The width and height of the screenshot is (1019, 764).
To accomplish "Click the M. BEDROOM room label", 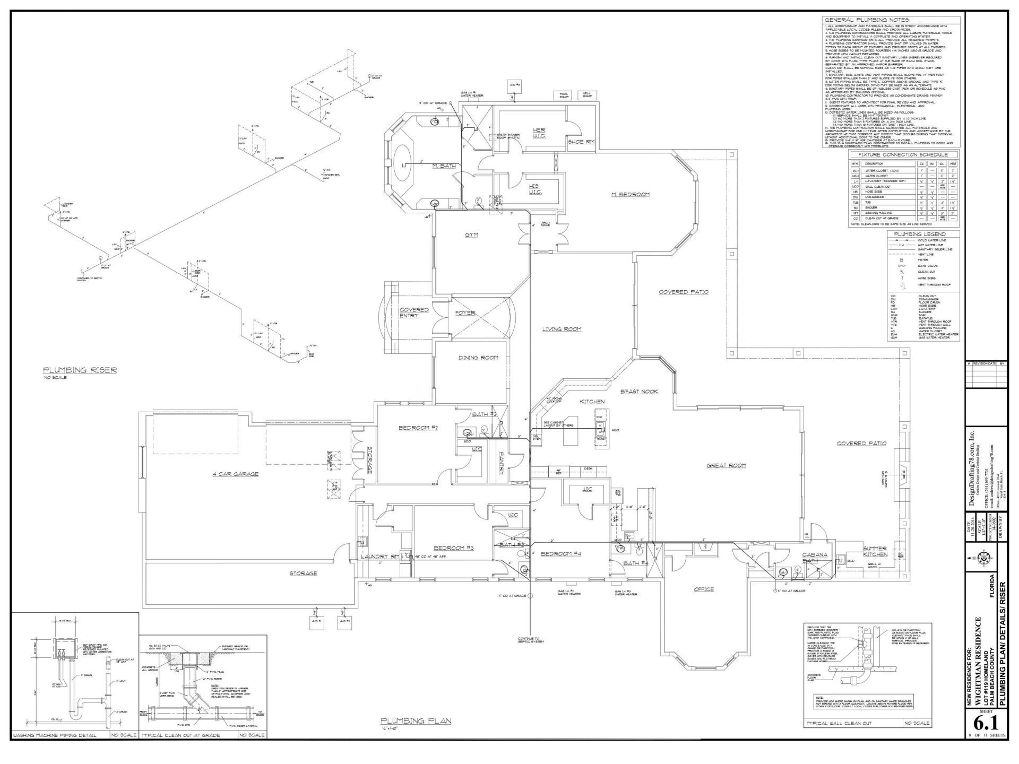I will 630,195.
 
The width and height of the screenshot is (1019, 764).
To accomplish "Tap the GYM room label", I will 472,234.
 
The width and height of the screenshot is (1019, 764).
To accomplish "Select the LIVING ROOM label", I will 562,329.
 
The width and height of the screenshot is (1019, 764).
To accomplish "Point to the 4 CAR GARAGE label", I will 235,474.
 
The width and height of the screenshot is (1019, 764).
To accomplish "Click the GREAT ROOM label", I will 726,465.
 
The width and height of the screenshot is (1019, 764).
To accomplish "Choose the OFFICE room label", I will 704,589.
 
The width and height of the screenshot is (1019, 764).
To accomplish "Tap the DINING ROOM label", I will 478,358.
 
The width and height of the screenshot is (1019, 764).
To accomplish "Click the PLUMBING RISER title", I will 80,370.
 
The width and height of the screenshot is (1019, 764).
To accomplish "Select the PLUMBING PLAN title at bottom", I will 416,720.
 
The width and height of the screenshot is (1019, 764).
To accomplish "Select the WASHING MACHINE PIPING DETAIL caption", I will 55,735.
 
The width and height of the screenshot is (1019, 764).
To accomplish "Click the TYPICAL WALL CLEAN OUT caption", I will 838,723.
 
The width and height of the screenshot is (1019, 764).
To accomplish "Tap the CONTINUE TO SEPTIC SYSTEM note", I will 529,640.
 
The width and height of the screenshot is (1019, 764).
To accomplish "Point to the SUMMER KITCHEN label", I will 875,551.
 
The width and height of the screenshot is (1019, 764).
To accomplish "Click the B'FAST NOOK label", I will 639,392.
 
